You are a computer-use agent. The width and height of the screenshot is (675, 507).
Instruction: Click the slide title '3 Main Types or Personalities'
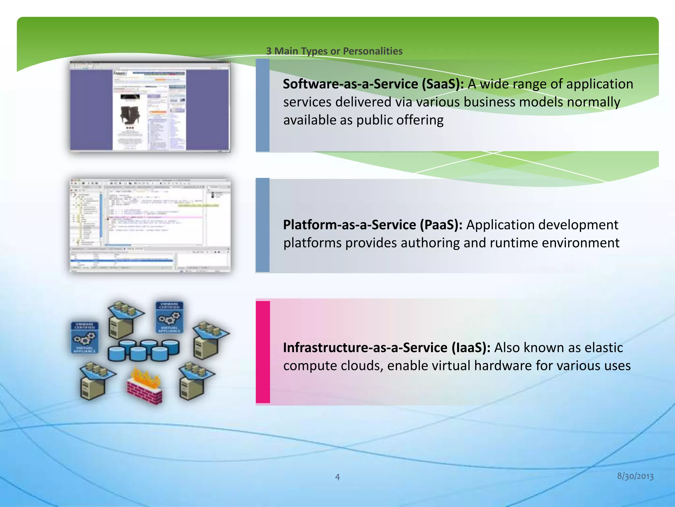(334, 51)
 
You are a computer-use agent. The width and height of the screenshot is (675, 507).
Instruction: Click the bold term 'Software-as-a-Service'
(350, 84)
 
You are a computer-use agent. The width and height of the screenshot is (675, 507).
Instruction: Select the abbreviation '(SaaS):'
(443, 84)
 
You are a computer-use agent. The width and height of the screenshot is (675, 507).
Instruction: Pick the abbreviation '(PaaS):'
(441, 225)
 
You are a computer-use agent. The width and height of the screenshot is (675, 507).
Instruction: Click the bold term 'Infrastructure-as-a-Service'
(365, 348)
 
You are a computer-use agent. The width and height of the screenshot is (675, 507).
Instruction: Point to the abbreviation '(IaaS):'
(471, 348)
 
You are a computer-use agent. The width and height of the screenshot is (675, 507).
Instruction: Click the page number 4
(337, 477)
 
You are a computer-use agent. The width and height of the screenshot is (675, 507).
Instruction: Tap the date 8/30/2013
(635, 476)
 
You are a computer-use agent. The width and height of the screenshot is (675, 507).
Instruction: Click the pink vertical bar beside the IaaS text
(263, 352)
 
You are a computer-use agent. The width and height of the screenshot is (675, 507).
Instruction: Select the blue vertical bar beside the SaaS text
(263, 105)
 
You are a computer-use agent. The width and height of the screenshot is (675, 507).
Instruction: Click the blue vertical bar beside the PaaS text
(263, 225)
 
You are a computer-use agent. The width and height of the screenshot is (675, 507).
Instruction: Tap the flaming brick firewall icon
(145, 385)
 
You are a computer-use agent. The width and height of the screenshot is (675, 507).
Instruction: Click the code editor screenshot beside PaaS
(150, 225)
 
